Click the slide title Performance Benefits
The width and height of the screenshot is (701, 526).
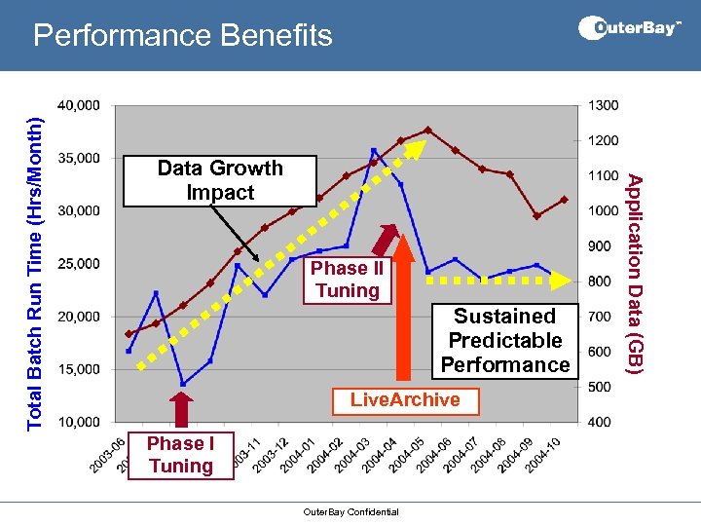182,36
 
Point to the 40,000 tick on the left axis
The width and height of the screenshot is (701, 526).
79,105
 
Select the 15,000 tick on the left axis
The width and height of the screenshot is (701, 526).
79,369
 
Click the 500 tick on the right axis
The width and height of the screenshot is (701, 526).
599,387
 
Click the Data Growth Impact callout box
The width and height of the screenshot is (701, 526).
220,180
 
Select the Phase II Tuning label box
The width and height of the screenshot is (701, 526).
347,279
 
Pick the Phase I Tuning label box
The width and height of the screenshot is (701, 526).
180,454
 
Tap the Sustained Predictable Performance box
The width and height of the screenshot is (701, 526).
504,340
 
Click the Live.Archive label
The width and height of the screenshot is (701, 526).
405,399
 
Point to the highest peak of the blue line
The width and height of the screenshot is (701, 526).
374,150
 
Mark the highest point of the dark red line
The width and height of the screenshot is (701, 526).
428,130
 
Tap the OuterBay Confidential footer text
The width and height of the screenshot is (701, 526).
350,511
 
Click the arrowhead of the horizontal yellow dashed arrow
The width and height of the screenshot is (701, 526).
564,280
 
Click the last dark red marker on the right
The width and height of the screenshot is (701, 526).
564,200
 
